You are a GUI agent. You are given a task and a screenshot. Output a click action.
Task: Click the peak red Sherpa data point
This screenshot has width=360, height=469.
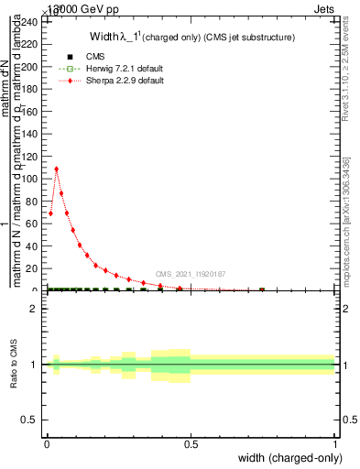click(57, 169)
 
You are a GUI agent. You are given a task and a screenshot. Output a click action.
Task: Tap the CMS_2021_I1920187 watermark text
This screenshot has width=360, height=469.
click(191, 274)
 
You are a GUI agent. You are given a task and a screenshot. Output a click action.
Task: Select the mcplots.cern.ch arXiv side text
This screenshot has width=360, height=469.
click(349, 220)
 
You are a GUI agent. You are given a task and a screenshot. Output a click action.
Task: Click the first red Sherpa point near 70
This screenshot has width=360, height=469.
click(50, 213)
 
